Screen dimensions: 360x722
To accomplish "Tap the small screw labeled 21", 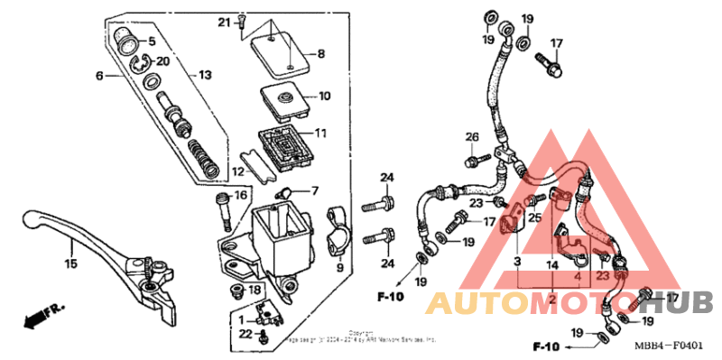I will tap(243, 28).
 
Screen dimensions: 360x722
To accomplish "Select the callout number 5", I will tap(151, 41).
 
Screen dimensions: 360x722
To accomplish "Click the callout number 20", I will tap(162, 60).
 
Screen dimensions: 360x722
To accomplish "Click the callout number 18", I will tap(255, 289).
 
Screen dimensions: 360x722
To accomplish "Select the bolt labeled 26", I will tap(470, 162).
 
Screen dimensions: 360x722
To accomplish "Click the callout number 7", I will tap(315, 191).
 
